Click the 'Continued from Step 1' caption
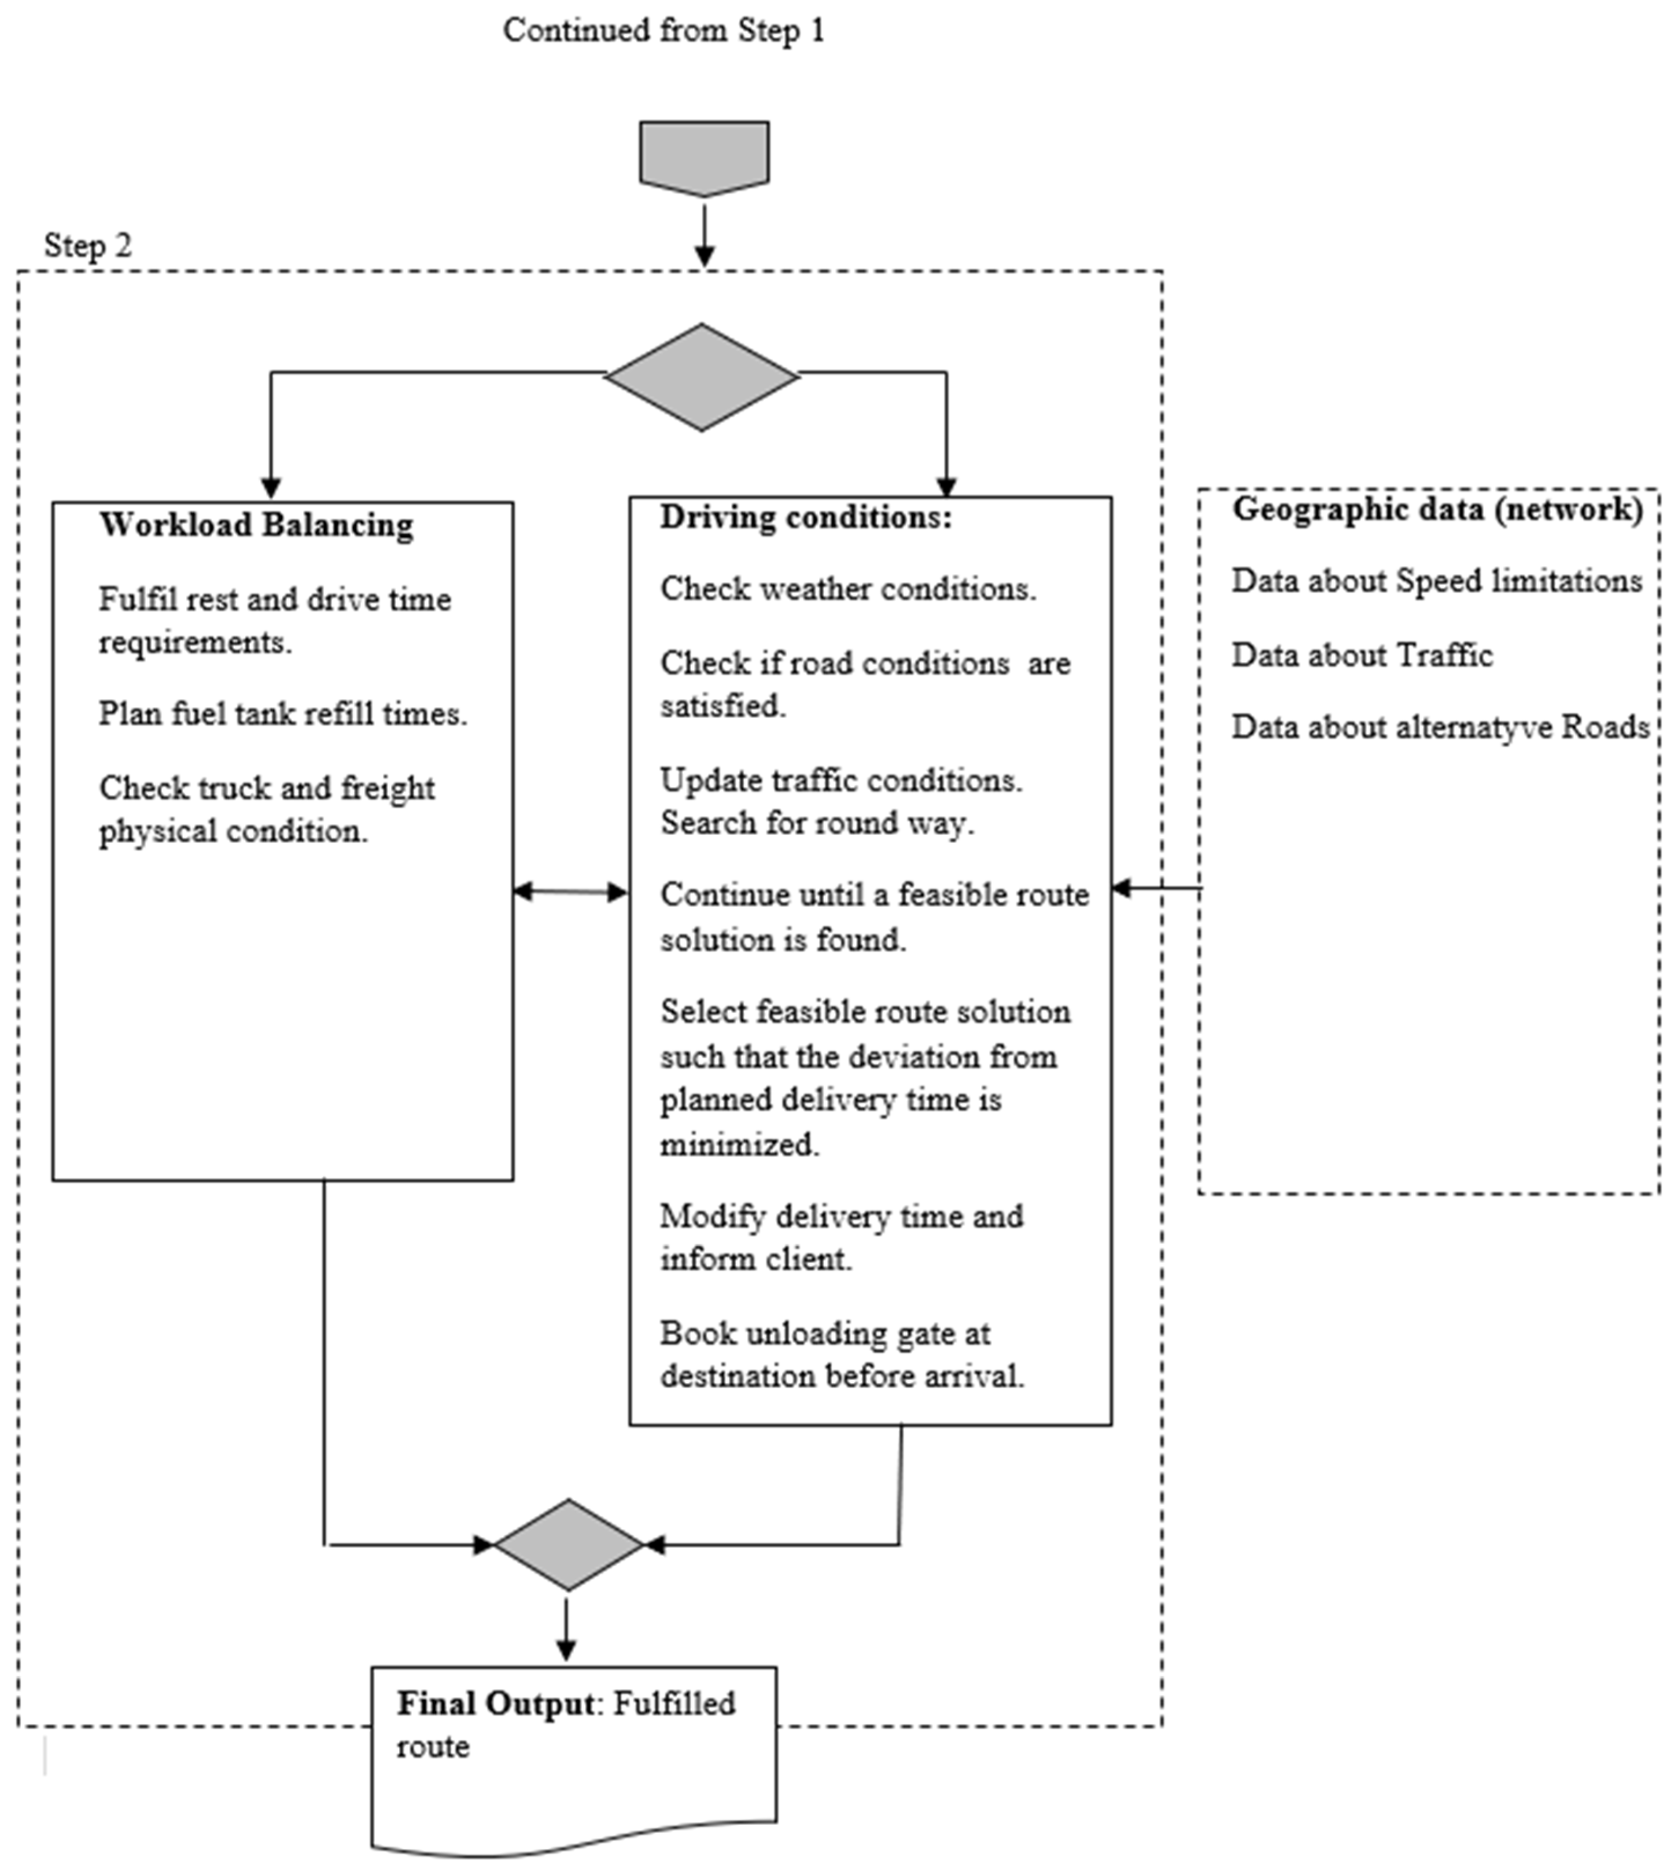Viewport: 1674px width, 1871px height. coord(663,30)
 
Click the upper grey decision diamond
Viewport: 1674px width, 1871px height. coord(702,377)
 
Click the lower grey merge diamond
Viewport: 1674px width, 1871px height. coord(569,1545)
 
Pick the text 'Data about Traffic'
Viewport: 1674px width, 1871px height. coord(1361,656)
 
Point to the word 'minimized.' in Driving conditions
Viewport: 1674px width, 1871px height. coord(739,1146)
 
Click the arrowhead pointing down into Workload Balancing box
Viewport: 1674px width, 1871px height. coord(270,488)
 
